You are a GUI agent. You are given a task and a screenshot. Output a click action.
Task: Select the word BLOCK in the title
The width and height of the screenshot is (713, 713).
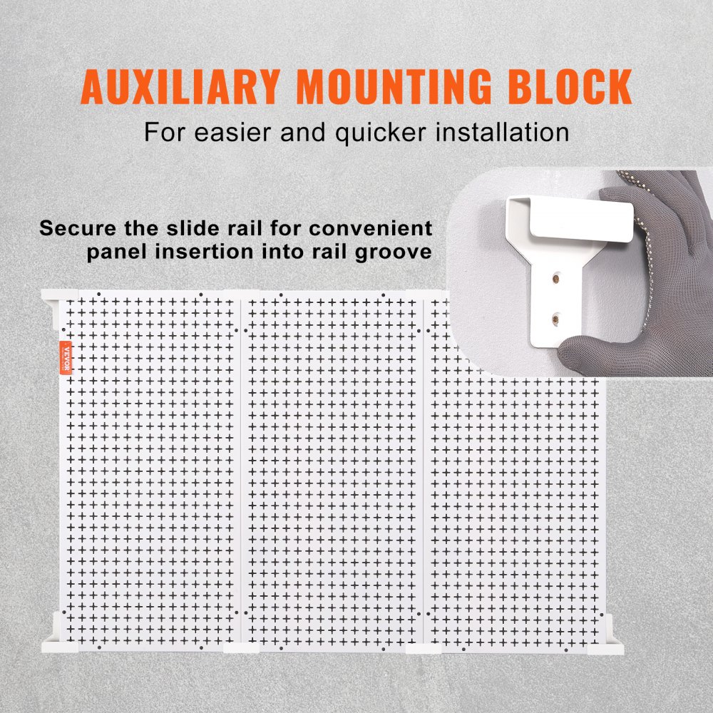pyautogui.click(x=570, y=86)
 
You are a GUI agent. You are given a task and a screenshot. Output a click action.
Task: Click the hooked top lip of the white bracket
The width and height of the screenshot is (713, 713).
pyautogui.click(x=570, y=214)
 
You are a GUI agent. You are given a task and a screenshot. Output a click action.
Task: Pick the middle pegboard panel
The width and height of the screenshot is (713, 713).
pyautogui.click(x=334, y=471)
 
